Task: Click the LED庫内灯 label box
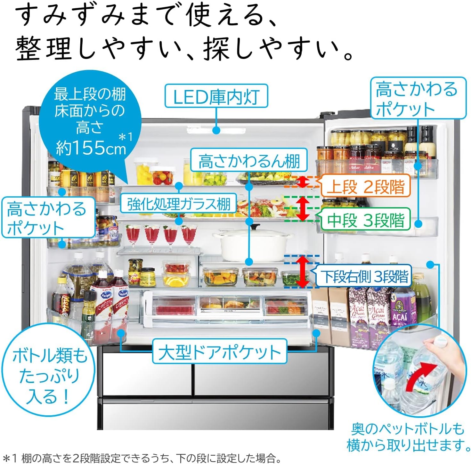216,96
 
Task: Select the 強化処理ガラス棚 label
178,204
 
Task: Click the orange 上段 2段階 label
365,186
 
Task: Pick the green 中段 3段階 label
365,220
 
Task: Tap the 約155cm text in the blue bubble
91,147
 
